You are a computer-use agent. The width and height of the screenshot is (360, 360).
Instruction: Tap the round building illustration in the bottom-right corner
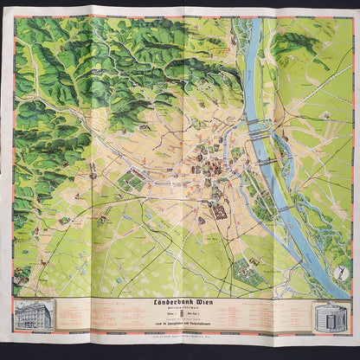(328, 317)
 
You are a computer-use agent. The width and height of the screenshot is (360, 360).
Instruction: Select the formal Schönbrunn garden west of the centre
(131, 180)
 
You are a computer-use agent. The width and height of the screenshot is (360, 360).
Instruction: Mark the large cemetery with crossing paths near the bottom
(251, 273)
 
